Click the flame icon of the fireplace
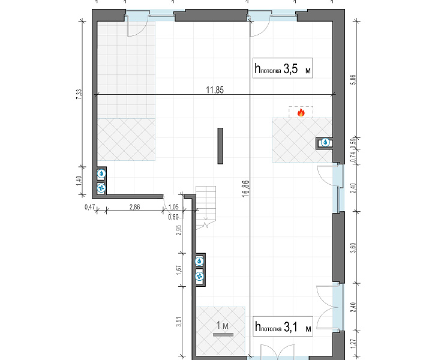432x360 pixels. (301, 112)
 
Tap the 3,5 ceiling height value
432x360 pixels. (290, 69)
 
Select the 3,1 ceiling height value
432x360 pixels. (290, 327)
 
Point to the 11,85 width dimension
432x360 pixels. (215, 90)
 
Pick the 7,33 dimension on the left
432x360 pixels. (79, 94)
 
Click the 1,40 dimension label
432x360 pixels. (79, 181)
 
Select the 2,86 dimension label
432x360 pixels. (135, 207)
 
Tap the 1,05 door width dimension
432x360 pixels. (173, 207)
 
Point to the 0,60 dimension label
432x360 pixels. (173, 217)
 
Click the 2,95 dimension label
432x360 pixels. (179, 230)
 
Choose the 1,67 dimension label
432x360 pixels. (179, 270)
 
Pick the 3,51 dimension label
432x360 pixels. (179, 322)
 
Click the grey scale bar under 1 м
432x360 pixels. (223, 335)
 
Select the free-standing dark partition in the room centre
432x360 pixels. (220, 146)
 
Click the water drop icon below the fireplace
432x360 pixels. (326, 143)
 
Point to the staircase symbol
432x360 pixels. (206, 208)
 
